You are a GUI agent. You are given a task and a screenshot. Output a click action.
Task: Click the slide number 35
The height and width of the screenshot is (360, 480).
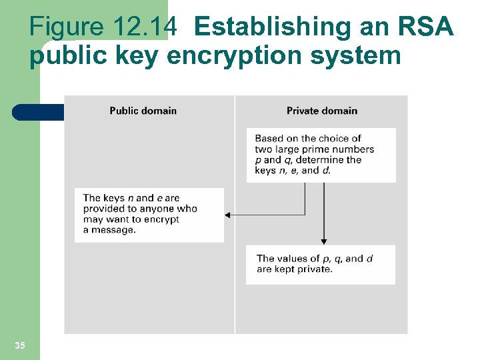[x=20, y=345]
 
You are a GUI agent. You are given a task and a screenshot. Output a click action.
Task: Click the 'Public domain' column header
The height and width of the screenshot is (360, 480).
[x=143, y=111]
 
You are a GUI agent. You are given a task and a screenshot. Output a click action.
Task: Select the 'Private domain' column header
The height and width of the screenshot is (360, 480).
[x=321, y=111]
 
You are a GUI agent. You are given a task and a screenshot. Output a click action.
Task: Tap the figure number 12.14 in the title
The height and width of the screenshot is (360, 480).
[x=145, y=27]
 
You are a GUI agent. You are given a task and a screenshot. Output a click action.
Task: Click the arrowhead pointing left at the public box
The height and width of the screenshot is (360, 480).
[x=227, y=215]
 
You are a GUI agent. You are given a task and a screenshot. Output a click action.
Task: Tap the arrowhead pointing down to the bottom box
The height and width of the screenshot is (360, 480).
[x=323, y=241]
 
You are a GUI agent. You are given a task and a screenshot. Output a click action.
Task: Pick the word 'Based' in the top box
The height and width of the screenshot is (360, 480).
[x=269, y=139]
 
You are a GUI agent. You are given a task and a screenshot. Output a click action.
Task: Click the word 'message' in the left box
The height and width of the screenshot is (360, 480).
[x=113, y=230]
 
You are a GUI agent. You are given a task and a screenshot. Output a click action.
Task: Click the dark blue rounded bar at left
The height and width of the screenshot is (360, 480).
[x=37, y=112]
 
